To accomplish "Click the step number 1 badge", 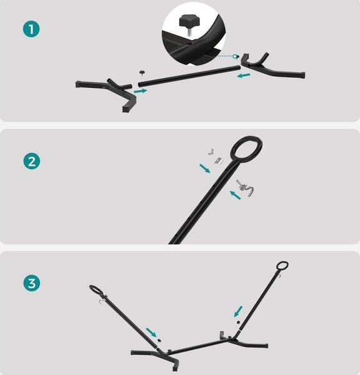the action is click(x=31, y=29).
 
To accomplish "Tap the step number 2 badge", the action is click(x=32, y=161).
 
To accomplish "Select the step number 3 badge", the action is click(x=32, y=283).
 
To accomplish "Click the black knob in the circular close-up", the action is click(x=188, y=22).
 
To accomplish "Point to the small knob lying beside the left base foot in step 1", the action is click(x=142, y=72).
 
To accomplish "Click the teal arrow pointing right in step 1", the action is click(x=141, y=91).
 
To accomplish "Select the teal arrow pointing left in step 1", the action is click(x=244, y=76).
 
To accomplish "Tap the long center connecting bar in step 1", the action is click(x=189, y=76).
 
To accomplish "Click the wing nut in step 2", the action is click(x=211, y=152).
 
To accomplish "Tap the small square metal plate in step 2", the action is click(x=219, y=161).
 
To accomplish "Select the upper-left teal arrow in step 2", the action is click(x=205, y=168).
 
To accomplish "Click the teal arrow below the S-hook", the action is click(x=236, y=195).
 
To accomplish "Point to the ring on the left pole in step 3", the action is click(x=92, y=286).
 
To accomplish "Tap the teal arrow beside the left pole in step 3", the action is click(x=151, y=332).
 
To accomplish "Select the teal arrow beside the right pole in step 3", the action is click(x=238, y=311).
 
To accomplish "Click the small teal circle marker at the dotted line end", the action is click(x=235, y=56).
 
